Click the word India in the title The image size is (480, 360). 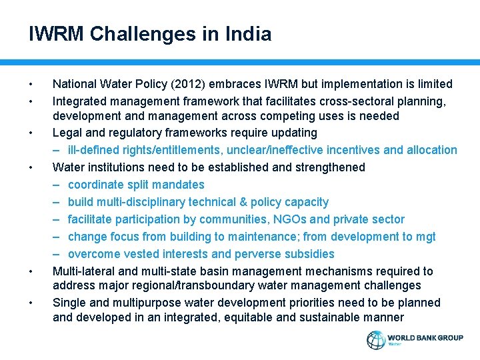[x=246, y=34]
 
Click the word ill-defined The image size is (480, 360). [x=97, y=150]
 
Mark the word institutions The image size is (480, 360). [x=117, y=167]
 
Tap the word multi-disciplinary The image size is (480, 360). [x=138, y=202]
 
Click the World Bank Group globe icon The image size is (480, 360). [x=376, y=340]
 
